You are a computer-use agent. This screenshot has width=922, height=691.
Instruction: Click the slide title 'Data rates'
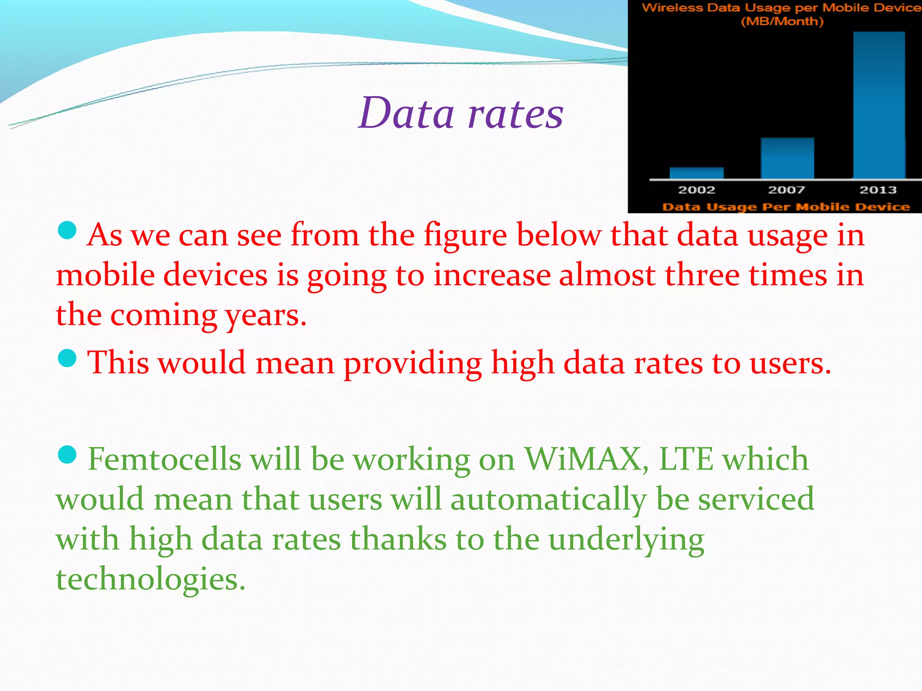pyautogui.click(x=461, y=113)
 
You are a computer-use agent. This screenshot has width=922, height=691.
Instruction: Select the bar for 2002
pyautogui.click(x=696, y=173)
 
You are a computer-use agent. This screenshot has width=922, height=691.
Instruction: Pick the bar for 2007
pyautogui.click(x=787, y=158)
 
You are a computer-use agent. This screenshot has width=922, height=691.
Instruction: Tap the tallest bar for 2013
pyautogui.click(x=879, y=105)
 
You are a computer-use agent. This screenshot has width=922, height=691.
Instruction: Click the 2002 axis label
pyautogui.click(x=696, y=190)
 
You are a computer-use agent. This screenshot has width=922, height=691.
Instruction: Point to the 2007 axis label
pyautogui.click(x=786, y=190)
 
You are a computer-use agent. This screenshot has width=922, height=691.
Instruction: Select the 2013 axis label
pyautogui.click(x=878, y=190)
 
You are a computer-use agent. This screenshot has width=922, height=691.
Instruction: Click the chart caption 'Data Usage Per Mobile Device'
pyautogui.click(x=786, y=207)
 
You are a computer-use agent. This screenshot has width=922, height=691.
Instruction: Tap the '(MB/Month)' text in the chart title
pyautogui.click(x=782, y=21)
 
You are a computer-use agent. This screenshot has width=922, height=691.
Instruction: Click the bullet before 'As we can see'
pyautogui.click(x=68, y=230)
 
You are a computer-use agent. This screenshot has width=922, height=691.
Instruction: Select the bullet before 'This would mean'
pyautogui.click(x=68, y=359)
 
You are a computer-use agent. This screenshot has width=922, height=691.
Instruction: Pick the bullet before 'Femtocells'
pyautogui.click(x=68, y=454)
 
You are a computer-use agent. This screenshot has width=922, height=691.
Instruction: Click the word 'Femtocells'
pyautogui.click(x=164, y=460)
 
